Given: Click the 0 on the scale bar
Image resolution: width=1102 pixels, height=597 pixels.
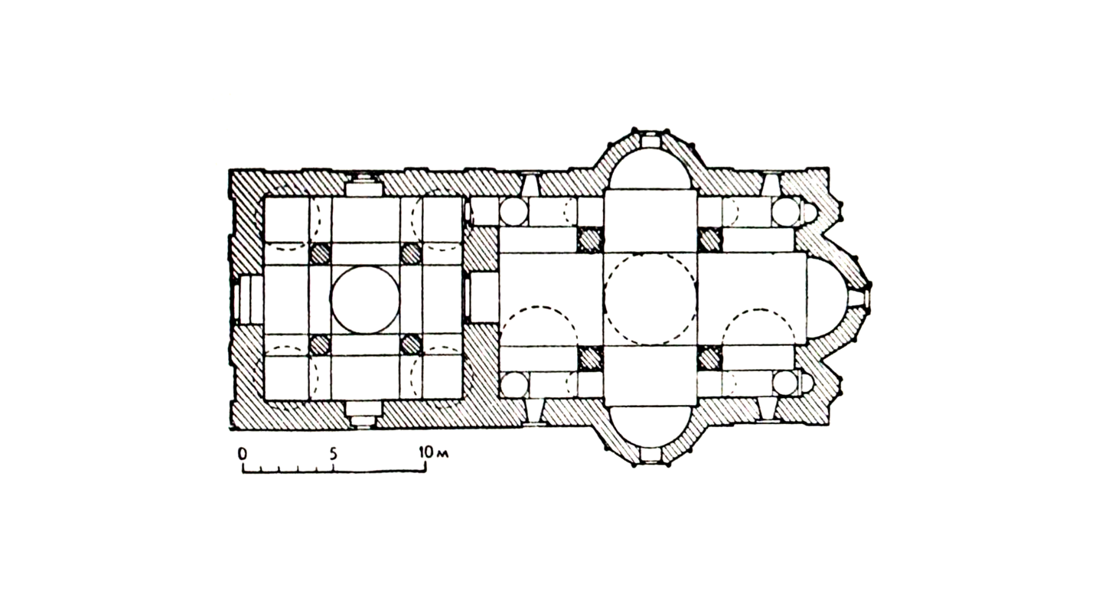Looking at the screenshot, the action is (x=242, y=453).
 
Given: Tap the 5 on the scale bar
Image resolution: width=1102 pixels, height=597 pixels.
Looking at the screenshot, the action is (x=333, y=453).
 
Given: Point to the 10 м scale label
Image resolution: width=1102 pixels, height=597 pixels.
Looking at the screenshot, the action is (x=433, y=452).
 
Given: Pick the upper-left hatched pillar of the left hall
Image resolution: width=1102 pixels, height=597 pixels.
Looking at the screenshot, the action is (x=320, y=254).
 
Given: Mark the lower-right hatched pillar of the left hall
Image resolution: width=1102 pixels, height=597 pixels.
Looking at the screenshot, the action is (x=411, y=344).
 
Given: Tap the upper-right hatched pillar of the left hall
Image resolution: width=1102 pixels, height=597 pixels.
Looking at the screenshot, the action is (x=411, y=254).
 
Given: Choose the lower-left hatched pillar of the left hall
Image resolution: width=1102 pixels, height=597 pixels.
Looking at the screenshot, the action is (x=320, y=344).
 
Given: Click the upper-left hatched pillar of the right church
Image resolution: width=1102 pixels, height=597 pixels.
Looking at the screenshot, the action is (x=590, y=240).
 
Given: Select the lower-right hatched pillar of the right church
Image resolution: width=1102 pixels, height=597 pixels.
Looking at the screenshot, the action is (x=709, y=358).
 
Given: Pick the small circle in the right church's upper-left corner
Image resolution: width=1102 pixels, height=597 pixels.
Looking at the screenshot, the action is (x=514, y=212).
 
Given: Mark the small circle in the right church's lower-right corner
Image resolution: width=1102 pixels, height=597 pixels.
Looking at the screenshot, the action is (x=785, y=383).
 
